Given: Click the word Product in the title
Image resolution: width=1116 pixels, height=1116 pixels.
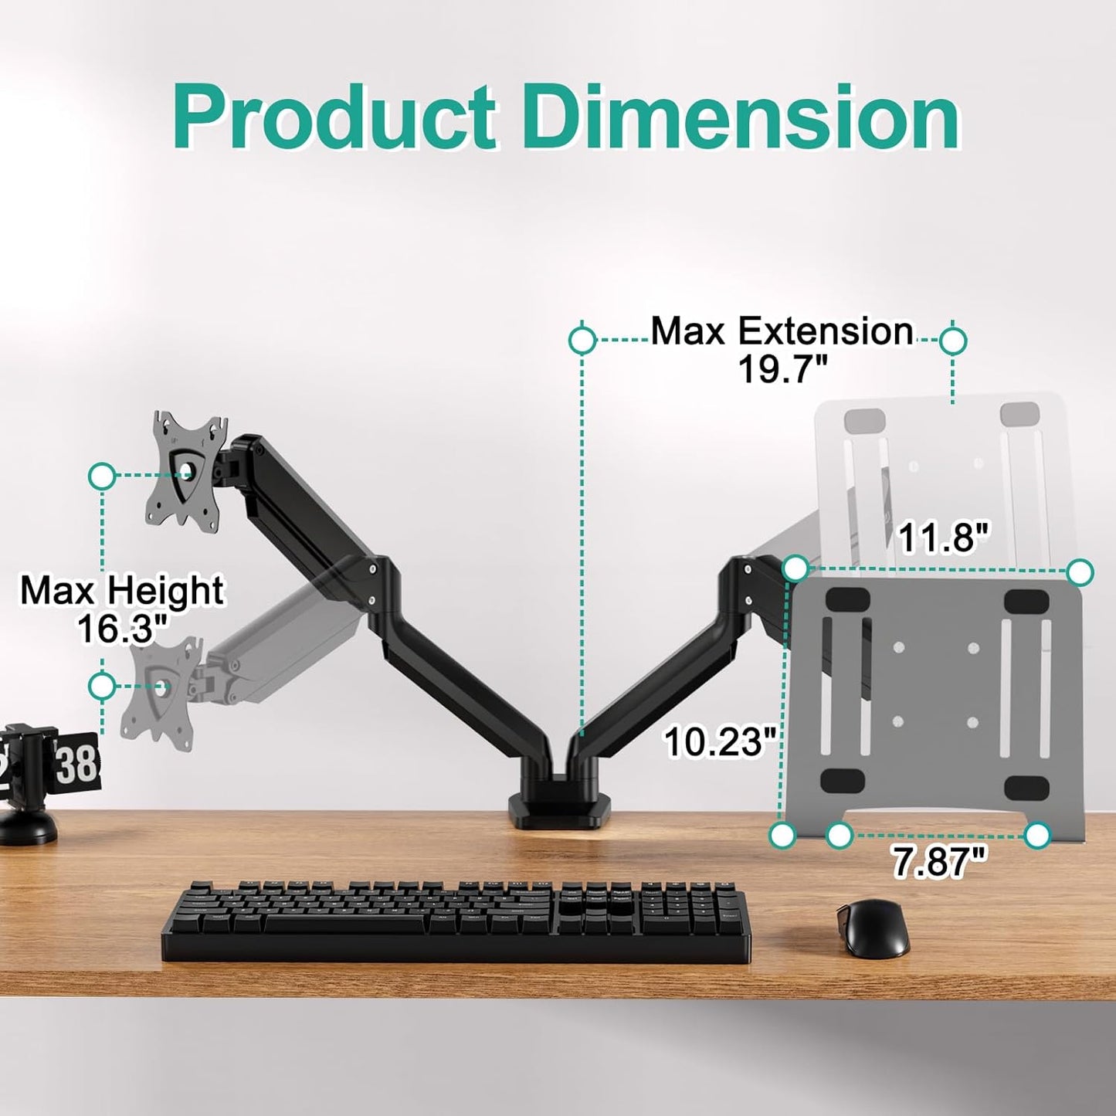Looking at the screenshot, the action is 334,118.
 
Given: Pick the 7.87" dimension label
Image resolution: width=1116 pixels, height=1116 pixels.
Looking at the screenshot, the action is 938,861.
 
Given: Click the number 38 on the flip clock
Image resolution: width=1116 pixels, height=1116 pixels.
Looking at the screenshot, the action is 76,763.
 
